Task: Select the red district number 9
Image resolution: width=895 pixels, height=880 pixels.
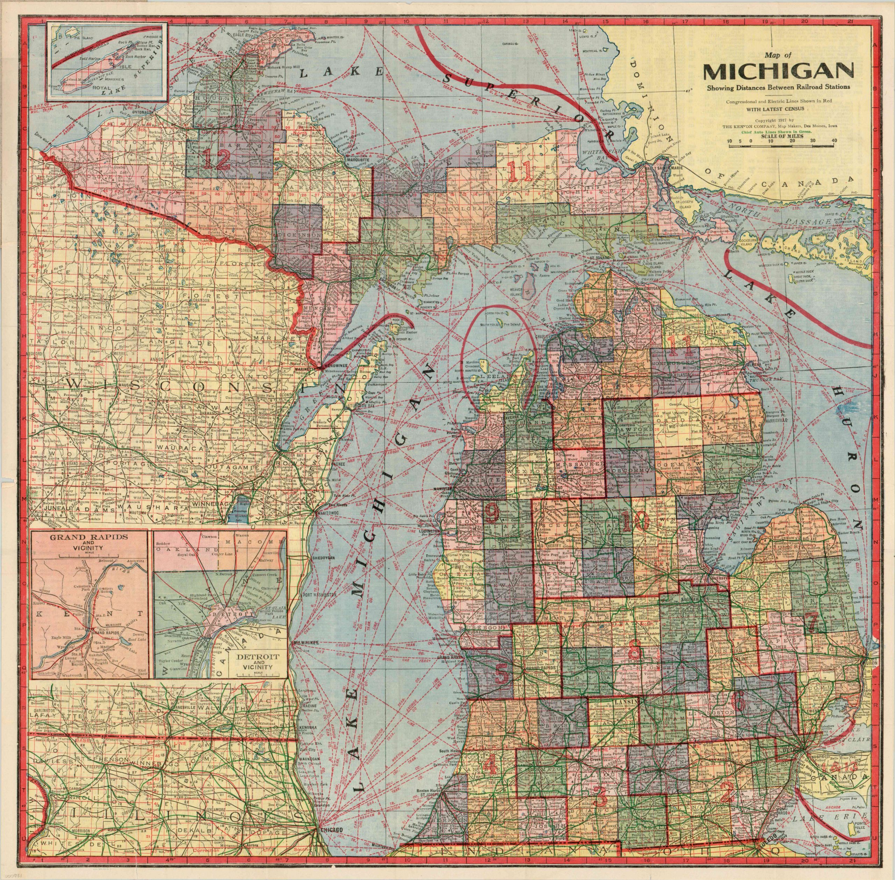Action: tap(492, 512)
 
